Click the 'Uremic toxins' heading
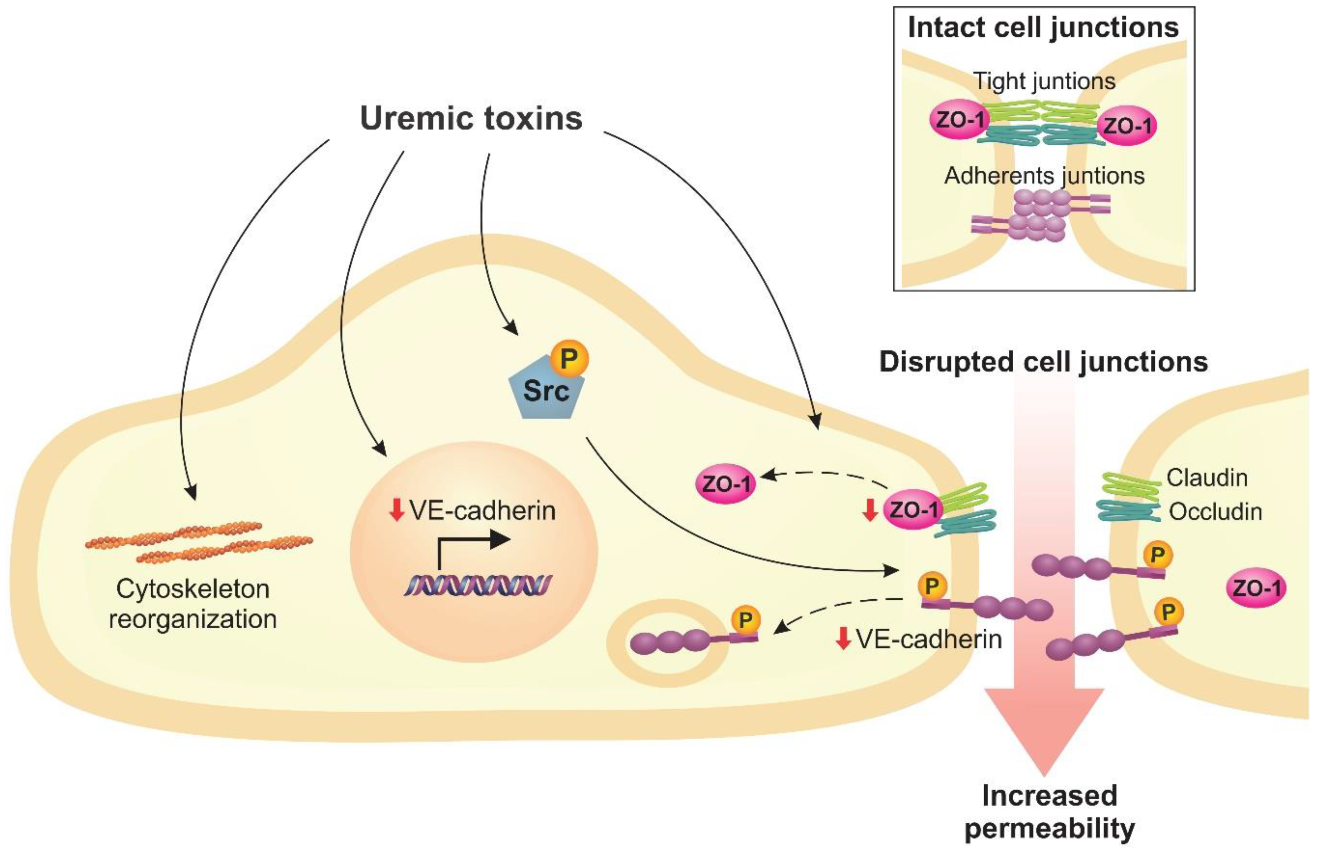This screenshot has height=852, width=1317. tap(471, 118)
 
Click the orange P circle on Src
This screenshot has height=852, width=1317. tap(569, 360)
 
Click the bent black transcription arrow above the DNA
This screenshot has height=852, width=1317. tap(470, 545)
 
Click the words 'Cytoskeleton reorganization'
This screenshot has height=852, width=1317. tap(193, 604)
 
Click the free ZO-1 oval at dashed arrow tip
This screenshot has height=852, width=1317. tap(725, 483)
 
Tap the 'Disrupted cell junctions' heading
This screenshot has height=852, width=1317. tap(1043, 362)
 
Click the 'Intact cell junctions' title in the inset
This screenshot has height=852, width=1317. tap(1043, 28)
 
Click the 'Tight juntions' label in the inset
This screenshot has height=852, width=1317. tap(1044, 81)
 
